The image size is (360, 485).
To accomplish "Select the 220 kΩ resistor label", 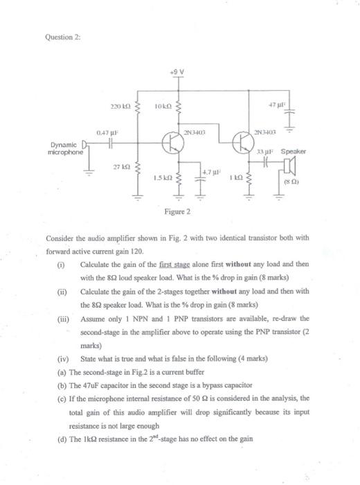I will tap(119, 108).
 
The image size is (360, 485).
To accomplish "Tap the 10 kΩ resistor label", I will tap(162, 108).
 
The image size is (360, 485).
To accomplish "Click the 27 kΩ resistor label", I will tap(120, 167).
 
